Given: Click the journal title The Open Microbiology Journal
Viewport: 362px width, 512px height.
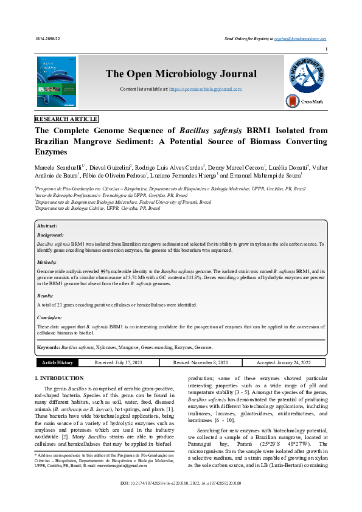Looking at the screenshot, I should (x=181, y=74).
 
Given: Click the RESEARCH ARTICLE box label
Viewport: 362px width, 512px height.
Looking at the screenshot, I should (x=66, y=119).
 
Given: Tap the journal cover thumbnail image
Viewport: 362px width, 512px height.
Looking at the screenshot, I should (x=57, y=82).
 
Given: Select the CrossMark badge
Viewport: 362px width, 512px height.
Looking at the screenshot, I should (x=305, y=102).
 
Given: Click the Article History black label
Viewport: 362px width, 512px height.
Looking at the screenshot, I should (x=57, y=362).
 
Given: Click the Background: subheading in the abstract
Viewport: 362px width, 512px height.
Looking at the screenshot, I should (x=50, y=234).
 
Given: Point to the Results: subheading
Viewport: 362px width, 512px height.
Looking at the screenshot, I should (x=46, y=295).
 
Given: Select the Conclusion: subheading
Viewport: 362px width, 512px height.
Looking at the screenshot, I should (x=50, y=317).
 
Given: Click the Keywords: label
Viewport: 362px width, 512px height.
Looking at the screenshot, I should (x=48, y=347).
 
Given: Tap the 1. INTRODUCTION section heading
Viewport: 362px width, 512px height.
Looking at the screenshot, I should (x=60, y=379).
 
